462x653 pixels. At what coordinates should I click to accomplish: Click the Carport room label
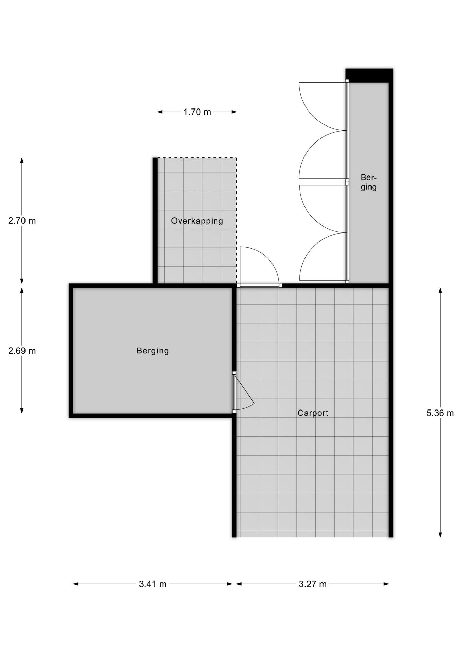click(313, 413)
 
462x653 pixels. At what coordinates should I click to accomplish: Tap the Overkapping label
click(197, 221)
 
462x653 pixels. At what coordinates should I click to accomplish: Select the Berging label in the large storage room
click(152, 351)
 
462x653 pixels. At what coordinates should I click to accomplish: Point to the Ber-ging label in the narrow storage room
click(368, 182)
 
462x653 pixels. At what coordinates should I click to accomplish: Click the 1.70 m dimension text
click(197, 112)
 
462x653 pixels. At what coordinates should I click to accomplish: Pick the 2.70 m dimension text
click(22, 221)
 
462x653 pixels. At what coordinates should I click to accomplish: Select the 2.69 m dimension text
click(22, 351)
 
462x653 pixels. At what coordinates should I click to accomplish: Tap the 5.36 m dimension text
click(440, 413)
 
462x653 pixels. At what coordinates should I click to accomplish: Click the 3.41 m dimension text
click(152, 584)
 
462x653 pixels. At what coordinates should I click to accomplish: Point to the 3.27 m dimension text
click(313, 584)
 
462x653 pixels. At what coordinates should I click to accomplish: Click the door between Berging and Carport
click(244, 392)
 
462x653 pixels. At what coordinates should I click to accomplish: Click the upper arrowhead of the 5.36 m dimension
click(440, 290)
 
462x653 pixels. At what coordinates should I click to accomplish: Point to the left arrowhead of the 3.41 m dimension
click(76, 584)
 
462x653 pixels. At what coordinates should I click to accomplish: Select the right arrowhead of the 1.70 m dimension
click(234, 112)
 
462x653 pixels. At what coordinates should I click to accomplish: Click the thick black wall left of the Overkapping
click(155, 221)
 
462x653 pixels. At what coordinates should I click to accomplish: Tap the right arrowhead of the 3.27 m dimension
click(386, 584)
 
